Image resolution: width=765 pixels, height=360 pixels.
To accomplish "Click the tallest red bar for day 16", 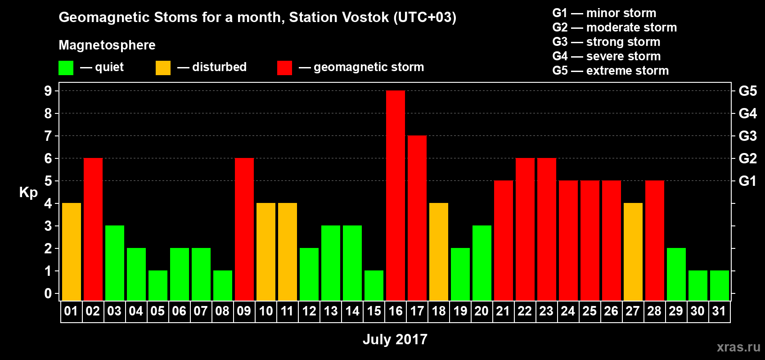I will coord(396,195).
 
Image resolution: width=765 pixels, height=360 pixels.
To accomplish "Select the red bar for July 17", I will coord(417,218).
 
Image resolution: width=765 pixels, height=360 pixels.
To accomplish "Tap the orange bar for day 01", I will coord(72,252).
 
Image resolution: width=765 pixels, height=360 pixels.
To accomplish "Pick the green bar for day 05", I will coord(158,285).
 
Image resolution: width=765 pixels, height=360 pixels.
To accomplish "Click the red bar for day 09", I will coord(244,229).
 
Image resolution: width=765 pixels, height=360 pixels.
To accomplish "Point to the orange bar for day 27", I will coord(633,252).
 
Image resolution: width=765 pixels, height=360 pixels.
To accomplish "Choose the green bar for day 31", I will coord(720,285).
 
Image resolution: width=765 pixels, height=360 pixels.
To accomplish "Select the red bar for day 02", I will coord(93,229).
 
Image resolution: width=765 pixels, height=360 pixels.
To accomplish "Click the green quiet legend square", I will coord(66,68).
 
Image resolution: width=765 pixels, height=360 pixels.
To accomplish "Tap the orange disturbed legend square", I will coord(163,68).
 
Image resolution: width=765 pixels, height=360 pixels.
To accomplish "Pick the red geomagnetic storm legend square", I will coord(284,68).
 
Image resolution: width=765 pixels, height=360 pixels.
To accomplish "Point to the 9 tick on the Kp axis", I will coord(48,91).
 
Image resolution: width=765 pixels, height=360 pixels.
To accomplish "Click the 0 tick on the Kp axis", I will coord(48,293).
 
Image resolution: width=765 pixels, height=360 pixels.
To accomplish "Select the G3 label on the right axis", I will coord(747,136).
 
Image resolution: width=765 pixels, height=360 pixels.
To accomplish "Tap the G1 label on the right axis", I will coord(747,181).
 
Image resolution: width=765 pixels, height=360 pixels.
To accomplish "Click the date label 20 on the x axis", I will coord(481,311).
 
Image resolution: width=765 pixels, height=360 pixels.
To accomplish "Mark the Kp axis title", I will coord(28,192).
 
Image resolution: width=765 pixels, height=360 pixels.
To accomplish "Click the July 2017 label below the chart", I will coord(395,339).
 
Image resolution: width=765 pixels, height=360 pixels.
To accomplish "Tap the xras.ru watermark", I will coord(738,346).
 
